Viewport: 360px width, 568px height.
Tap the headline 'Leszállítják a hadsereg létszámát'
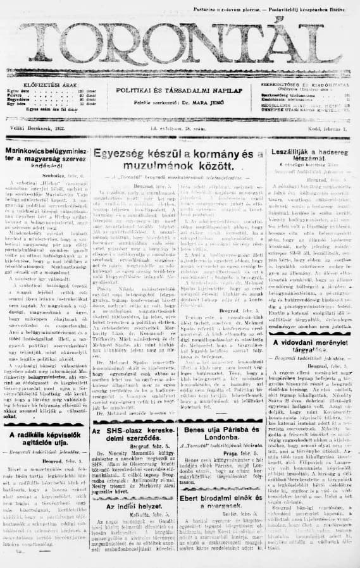click(x=309, y=158)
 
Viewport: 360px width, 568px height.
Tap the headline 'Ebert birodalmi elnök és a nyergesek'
click(x=223, y=501)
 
